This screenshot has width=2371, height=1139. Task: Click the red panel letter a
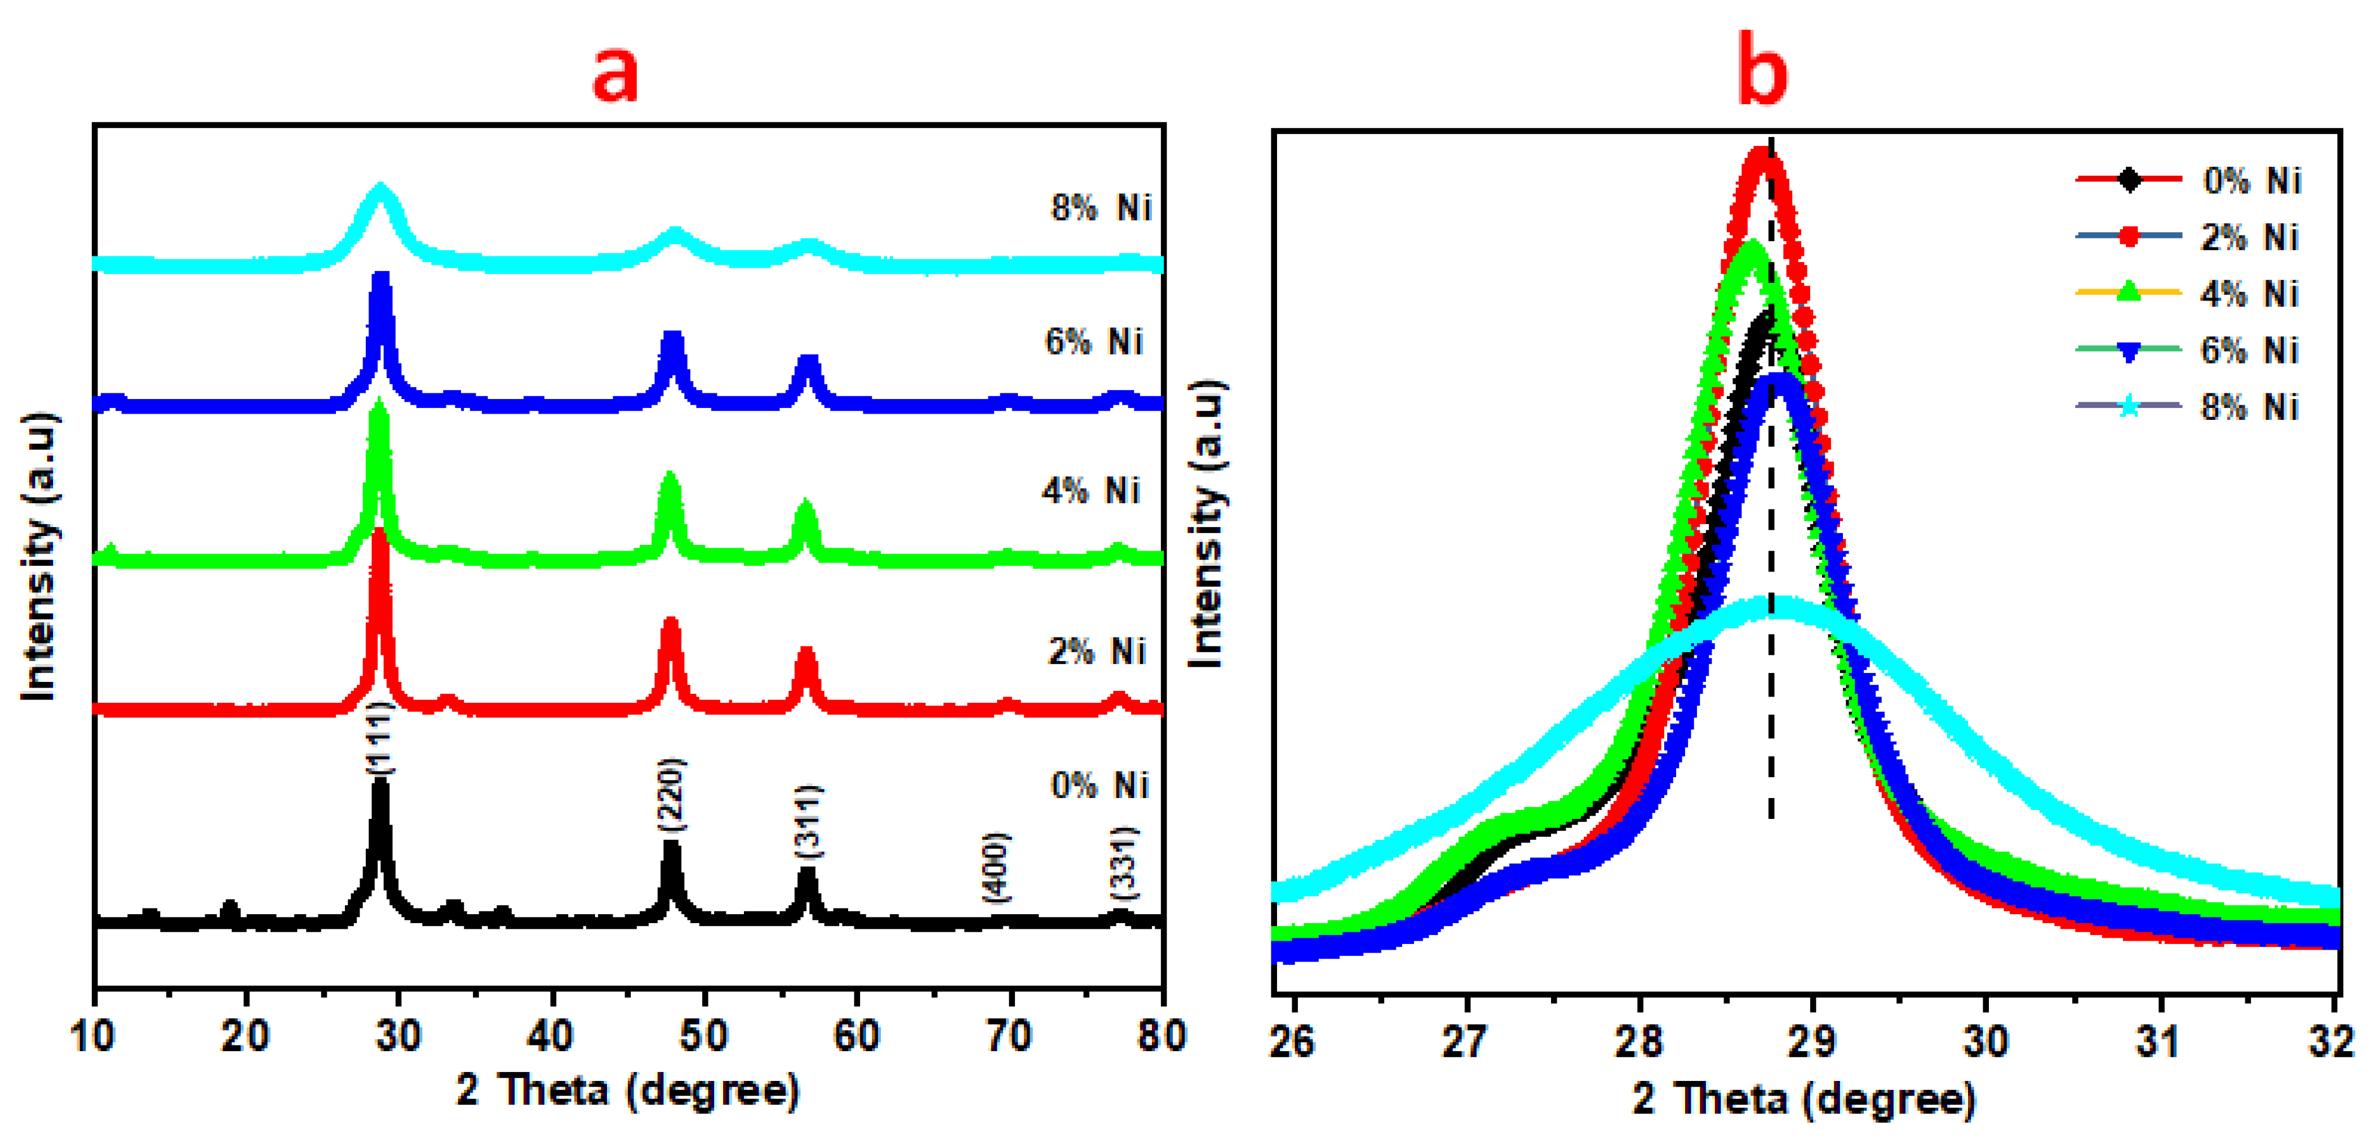pyautogui.click(x=615, y=74)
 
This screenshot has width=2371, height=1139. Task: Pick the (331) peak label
pyautogui.click(x=1124, y=863)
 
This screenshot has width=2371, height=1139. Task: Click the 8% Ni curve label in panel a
pyautogui.click(x=1101, y=208)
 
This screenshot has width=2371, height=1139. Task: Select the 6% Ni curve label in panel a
pyautogui.click(x=1093, y=343)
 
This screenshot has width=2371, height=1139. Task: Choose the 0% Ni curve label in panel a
pyautogui.click(x=1099, y=786)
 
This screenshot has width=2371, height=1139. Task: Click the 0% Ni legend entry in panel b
pyautogui.click(x=2250, y=180)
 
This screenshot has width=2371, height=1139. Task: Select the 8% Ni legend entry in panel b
pyautogui.click(x=2249, y=407)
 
